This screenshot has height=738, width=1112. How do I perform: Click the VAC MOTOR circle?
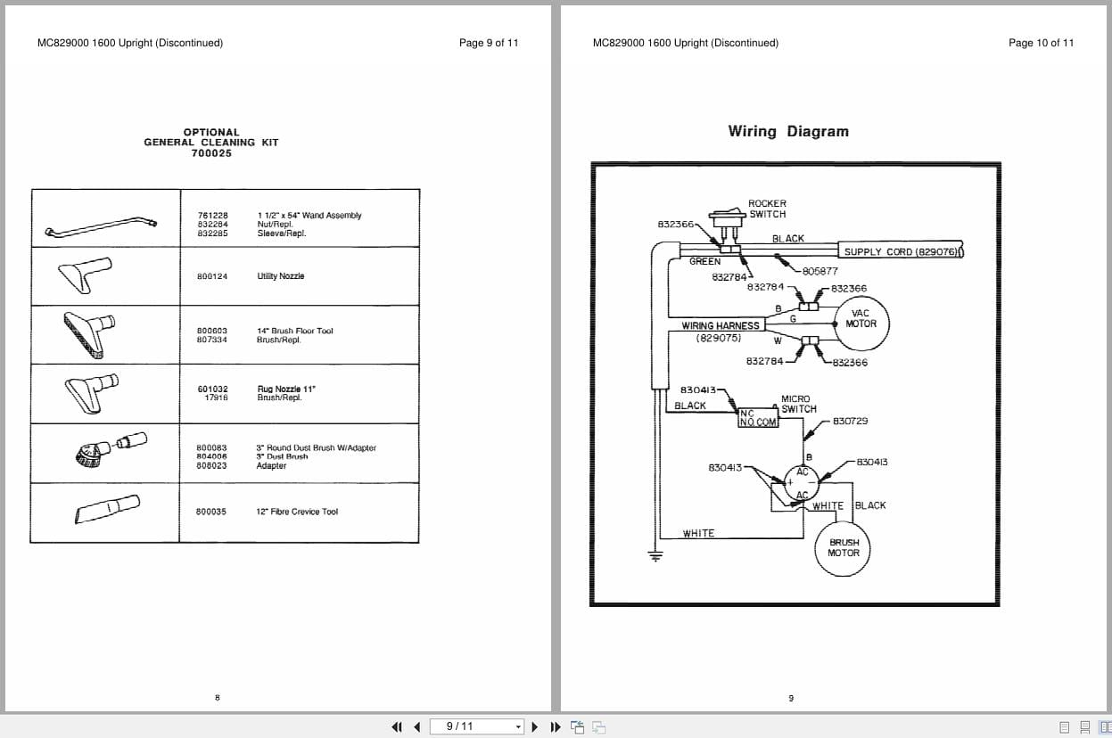point(861,318)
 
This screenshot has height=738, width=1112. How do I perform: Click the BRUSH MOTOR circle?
point(844,547)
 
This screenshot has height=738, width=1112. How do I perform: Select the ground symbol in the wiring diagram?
point(655,558)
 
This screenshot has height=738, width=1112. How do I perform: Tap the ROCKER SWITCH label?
point(767,209)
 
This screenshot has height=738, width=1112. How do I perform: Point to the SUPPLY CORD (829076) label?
point(901,252)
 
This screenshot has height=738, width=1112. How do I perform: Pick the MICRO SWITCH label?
point(797,404)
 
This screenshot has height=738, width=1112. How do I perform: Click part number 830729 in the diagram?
point(850,421)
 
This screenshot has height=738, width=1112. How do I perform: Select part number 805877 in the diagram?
point(820,271)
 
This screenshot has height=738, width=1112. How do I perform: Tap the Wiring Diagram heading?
point(788,131)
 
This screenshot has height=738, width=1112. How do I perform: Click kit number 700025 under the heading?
point(211,153)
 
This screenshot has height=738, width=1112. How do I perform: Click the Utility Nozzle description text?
point(281,276)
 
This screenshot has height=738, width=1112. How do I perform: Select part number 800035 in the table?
point(211,512)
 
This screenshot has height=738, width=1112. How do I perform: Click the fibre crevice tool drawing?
point(105,511)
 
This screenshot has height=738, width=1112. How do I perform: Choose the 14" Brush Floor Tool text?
point(295,331)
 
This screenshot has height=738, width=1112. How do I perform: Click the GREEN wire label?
point(704,261)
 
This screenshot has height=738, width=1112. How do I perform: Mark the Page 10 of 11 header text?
point(1041,43)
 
